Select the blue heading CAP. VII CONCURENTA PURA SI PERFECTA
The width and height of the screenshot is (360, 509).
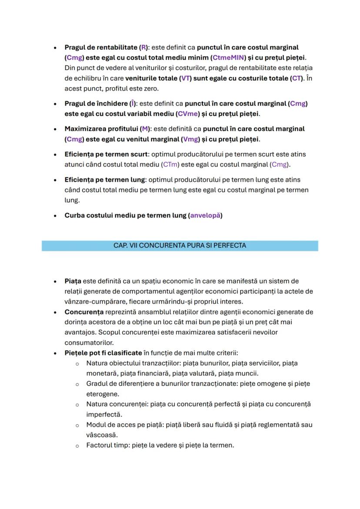[x=180, y=246]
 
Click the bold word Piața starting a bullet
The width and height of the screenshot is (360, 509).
[x=73, y=281]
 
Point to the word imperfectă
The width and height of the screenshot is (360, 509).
[x=104, y=414]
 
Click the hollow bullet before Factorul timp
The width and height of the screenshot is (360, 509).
[x=77, y=445]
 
